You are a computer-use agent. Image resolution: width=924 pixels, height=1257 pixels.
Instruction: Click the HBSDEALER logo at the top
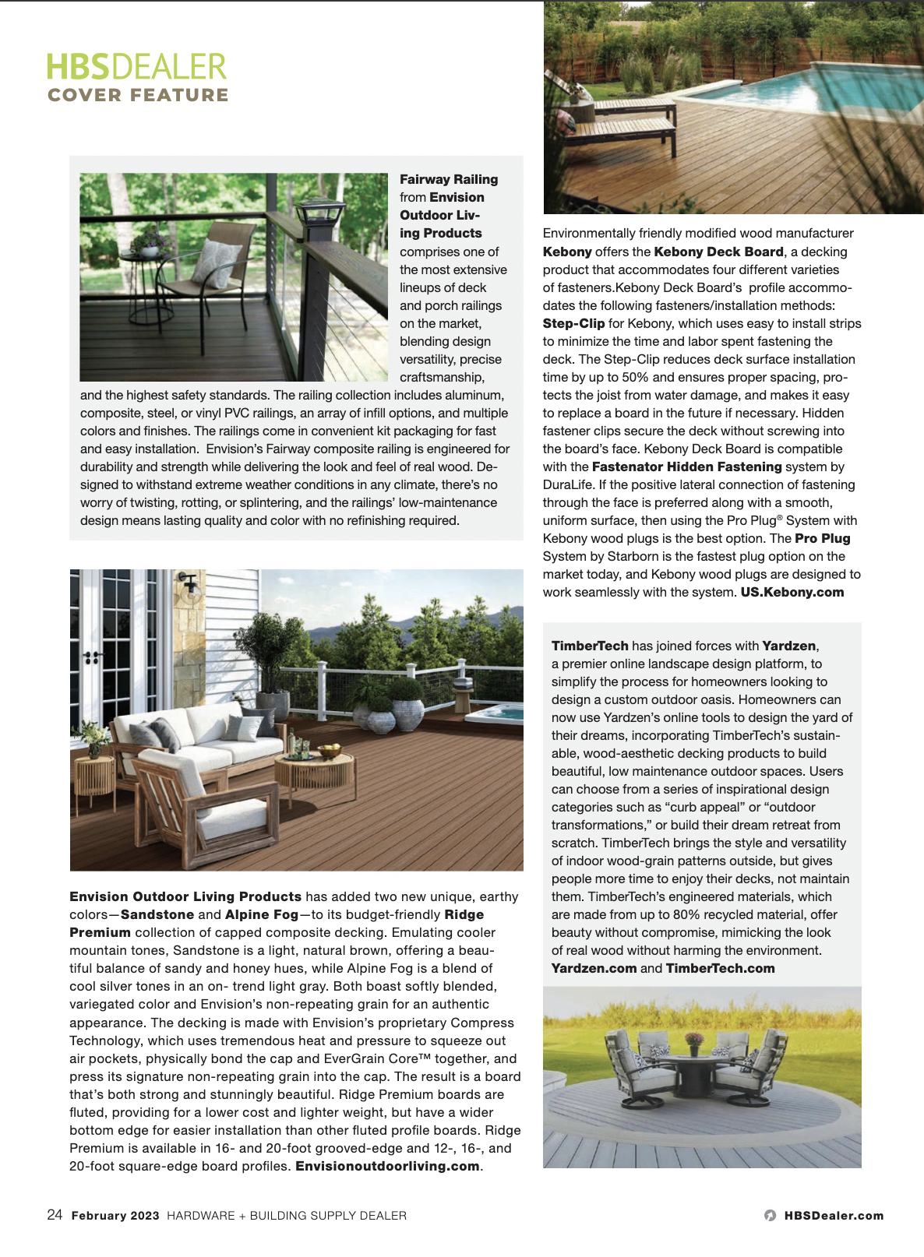(136, 67)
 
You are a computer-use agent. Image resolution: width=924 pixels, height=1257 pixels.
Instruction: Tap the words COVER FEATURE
(138, 95)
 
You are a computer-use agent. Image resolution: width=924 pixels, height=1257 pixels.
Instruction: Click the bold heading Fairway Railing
(449, 179)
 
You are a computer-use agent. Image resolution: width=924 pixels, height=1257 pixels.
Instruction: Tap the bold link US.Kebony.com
(792, 592)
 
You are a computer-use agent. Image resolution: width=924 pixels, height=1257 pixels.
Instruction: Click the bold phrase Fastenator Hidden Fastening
(686, 467)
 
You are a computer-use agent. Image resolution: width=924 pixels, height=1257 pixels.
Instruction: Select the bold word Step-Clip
(573, 323)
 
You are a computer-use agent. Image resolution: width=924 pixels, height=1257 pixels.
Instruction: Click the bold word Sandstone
(157, 914)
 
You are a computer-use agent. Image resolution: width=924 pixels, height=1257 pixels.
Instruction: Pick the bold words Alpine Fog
(262, 914)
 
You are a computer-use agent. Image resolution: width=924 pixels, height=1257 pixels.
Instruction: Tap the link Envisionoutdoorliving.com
(387, 1166)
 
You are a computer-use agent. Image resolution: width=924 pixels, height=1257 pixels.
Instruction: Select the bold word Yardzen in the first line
(789, 646)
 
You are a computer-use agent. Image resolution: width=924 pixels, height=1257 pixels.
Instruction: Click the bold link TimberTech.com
(720, 968)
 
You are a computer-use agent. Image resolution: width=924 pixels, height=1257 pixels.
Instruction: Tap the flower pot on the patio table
(693, 1042)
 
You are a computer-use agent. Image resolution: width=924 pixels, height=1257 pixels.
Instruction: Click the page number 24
(55, 1215)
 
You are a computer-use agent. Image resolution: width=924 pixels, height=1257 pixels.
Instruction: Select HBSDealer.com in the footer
(834, 1216)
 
